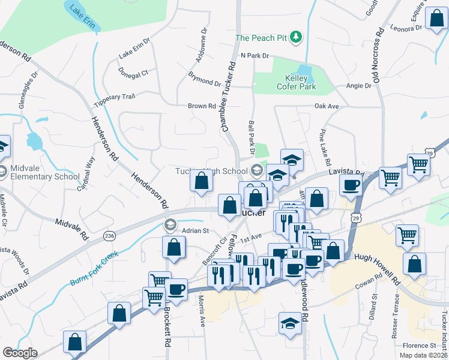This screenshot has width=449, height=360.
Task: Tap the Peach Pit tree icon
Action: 295,38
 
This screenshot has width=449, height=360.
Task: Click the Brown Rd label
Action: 202,106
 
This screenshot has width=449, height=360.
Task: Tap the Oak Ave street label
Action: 327,106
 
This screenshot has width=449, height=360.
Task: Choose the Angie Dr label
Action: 359,86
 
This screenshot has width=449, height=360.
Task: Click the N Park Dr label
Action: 254,55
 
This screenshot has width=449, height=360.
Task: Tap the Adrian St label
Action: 194,230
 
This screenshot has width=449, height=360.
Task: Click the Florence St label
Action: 419,346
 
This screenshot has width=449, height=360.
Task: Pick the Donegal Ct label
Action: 133,73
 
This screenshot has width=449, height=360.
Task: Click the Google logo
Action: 20,352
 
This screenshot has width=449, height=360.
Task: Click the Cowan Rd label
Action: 369,281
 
